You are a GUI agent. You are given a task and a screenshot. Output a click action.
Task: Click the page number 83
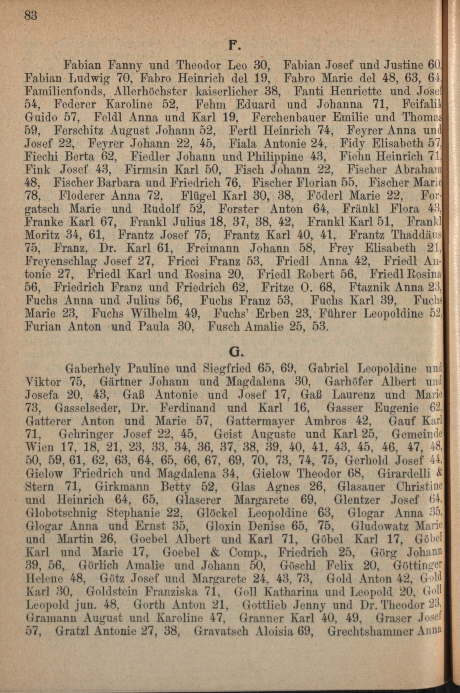coord(31,15)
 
